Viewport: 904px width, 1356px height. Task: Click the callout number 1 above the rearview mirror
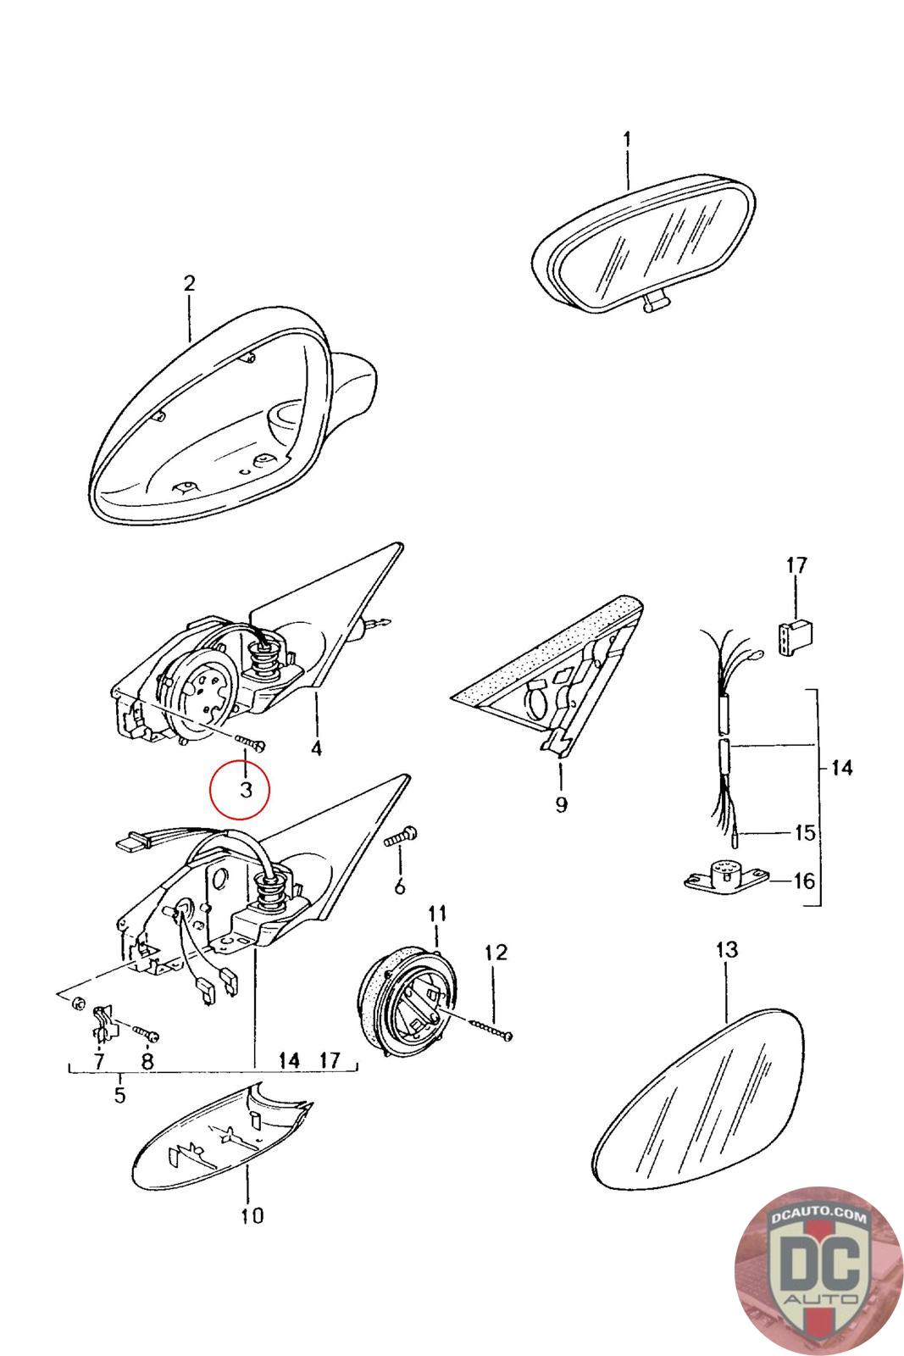tap(627, 141)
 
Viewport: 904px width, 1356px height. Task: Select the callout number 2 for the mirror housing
tap(190, 283)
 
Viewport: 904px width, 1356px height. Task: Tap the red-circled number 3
tap(245, 789)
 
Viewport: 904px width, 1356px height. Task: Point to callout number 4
tap(317, 748)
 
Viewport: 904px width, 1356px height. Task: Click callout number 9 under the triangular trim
tap(561, 804)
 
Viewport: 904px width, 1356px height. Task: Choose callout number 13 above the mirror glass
tap(727, 949)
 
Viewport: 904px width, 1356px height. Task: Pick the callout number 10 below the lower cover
tap(252, 1215)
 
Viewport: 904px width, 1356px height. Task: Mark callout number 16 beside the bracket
tap(804, 881)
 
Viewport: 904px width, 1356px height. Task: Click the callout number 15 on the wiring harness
tap(804, 833)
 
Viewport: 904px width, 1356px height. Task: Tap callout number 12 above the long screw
tap(496, 953)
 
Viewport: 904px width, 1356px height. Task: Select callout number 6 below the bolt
tap(399, 886)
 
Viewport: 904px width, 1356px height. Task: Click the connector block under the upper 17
tap(795, 636)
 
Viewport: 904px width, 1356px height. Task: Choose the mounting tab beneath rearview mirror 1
tap(655, 303)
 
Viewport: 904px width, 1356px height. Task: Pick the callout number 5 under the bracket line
tap(119, 1094)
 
